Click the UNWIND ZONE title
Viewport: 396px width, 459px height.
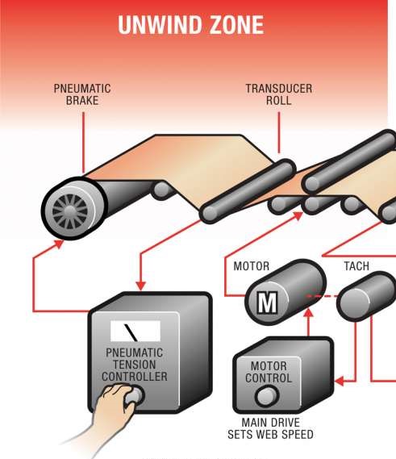point(191,25)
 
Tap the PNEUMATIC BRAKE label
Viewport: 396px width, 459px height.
point(82,94)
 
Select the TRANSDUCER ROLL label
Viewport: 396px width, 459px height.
point(278,94)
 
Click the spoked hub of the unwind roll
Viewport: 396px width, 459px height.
point(69,211)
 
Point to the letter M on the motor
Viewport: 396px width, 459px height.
point(267,303)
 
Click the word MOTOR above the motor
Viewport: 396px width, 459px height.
point(251,266)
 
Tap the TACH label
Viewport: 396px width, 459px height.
point(356,266)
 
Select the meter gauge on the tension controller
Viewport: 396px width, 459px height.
point(135,331)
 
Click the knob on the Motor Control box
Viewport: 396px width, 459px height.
point(267,396)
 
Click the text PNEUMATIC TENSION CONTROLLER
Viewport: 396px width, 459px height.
point(135,365)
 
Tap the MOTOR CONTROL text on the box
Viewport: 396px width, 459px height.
point(269,372)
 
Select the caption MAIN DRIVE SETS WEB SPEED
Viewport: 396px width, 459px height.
point(270,428)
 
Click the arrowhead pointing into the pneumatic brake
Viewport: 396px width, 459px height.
point(60,244)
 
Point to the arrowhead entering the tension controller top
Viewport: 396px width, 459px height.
point(141,286)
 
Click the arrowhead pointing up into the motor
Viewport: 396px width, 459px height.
point(308,313)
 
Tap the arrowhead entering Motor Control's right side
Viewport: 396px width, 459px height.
point(339,381)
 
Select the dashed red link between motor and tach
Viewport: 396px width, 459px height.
point(322,296)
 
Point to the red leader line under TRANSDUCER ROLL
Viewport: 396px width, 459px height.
point(279,132)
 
